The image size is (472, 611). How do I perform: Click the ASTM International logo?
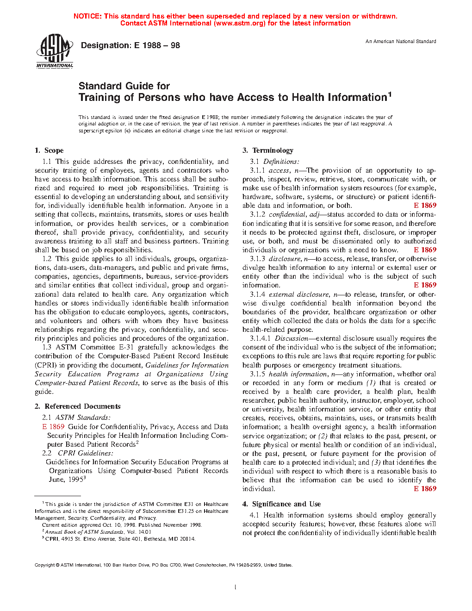point(55,51)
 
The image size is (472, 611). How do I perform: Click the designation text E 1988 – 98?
point(130,45)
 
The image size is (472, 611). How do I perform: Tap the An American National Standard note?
point(400,42)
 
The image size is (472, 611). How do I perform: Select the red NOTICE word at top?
point(87,16)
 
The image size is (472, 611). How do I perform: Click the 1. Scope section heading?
point(49,150)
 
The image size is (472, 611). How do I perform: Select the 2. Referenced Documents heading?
point(77,406)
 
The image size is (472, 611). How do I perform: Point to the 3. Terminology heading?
point(268,150)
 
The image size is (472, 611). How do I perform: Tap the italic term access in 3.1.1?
point(279,170)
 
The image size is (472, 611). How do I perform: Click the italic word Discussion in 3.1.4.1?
point(292,338)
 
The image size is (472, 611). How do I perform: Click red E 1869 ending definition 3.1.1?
point(425,206)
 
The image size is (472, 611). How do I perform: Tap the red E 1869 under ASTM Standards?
point(53,427)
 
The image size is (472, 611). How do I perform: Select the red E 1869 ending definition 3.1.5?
point(425,489)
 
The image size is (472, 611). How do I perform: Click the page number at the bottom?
point(236,587)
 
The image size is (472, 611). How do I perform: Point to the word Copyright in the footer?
point(45,565)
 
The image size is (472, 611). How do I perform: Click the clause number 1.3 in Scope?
point(47,347)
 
